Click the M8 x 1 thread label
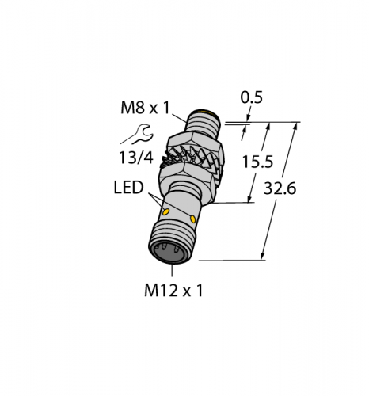tap(145, 108)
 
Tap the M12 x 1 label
tap(173, 291)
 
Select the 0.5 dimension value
tap(251, 97)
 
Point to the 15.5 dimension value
tap(257, 162)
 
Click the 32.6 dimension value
tap(280, 188)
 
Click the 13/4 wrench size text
tap(136, 158)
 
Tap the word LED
tap(128, 188)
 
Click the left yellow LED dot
tap(166, 211)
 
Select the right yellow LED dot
tap(193, 219)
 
